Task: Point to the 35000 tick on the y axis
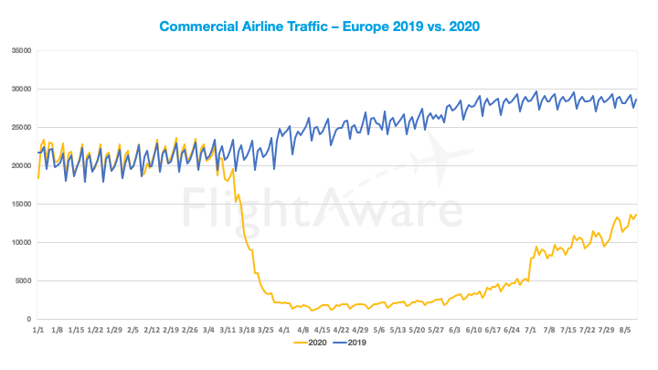(20, 50)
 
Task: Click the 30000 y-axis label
(20, 89)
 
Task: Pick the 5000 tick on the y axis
(23, 280)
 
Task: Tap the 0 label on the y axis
(30, 319)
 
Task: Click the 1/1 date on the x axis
(37, 329)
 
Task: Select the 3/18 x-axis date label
(247, 329)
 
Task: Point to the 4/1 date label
(285, 329)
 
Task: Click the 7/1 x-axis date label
(531, 329)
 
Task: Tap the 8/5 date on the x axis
(626, 329)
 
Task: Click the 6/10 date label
(475, 329)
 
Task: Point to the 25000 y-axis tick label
(20, 127)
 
